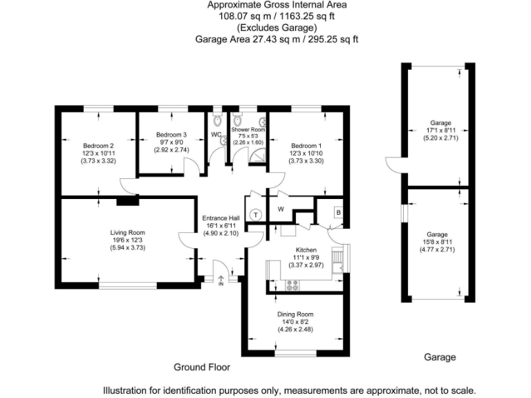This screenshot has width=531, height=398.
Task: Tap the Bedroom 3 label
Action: pyautogui.click(x=171, y=134)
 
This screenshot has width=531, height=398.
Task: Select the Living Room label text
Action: pyautogui.click(x=128, y=232)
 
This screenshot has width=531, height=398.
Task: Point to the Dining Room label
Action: pyautogui.click(x=295, y=314)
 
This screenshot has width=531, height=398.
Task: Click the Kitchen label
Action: pyautogui.click(x=306, y=249)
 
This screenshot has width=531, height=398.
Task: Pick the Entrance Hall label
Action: pyautogui.click(x=221, y=218)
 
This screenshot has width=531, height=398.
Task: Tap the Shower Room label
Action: pyautogui.click(x=248, y=129)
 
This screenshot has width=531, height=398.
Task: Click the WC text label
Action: pyautogui.click(x=216, y=134)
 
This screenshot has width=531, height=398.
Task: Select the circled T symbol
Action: pyautogui.click(x=256, y=215)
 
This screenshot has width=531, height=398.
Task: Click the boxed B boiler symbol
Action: pyautogui.click(x=338, y=212)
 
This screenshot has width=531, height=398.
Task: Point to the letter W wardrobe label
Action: pyautogui.click(x=281, y=209)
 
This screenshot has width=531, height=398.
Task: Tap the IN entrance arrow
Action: pyautogui.click(x=221, y=279)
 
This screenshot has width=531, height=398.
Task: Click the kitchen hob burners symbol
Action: pyautogui.click(x=292, y=283)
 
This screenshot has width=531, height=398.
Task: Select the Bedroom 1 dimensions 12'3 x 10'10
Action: pyautogui.click(x=306, y=153)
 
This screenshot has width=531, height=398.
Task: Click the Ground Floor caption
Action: pyautogui.click(x=201, y=367)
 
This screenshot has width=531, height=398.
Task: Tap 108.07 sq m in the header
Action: pyautogui.click(x=237, y=15)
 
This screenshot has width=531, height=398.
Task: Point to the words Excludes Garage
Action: pyautogui.click(x=277, y=28)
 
